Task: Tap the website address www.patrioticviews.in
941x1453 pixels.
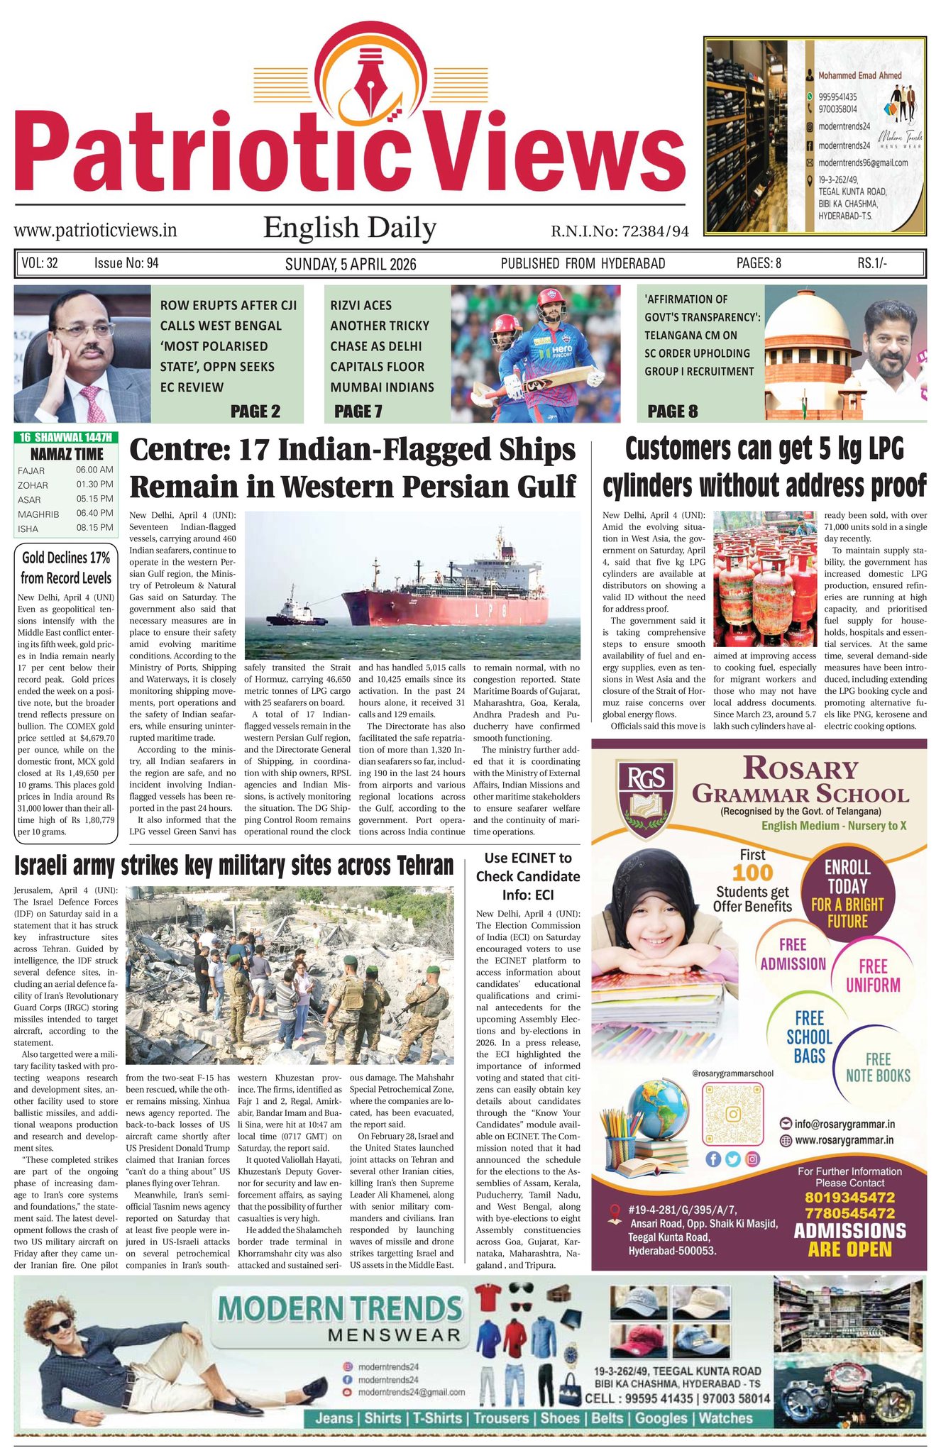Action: [95, 231]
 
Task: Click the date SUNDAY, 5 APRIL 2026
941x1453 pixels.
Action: [350, 264]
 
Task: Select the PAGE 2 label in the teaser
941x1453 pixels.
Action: [255, 411]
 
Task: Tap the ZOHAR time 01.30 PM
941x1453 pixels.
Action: [94, 485]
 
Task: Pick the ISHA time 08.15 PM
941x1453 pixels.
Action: [94, 528]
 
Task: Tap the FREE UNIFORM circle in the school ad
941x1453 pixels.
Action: [873, 976]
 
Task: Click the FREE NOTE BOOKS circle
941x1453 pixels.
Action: [878, 1068]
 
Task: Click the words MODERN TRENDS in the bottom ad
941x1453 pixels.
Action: [341, 1308]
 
